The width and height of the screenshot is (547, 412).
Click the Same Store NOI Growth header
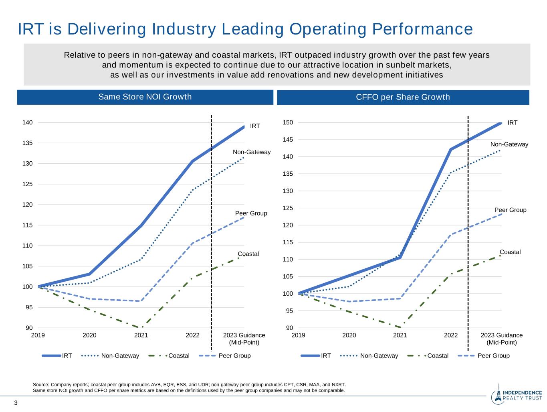pyautogui.click(x=145, y=97)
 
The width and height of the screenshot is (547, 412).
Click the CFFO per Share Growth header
pyautogui.click(x=403, y=97)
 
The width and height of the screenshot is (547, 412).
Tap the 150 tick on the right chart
pyautogui.click(x=288, y=122)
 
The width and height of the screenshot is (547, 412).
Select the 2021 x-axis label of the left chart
pyautogui.click(x=141, y=335)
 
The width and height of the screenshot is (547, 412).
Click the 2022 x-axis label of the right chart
pyautogui.click(x=451, y=335)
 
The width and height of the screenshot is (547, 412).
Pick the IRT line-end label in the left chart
pyautogui.click(x=255, y=126)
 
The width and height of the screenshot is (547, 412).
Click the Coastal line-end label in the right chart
pyautogui.click(x=510, y=252)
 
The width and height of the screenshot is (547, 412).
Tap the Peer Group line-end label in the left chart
pyautogui.click(x=251, y=213)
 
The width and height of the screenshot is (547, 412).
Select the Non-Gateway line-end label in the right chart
pyautogui.click(x=509, y=144)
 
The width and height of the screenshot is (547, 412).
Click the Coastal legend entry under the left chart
pyautogui.click(x=179, y=356)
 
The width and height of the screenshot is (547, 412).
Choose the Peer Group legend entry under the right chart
pyautogui.click(x=493, y=356)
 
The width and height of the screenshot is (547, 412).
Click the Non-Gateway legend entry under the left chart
pyautogui.click(x=120, y=356)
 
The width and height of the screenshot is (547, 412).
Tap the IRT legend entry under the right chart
pyautogui.click(x=326, y=356)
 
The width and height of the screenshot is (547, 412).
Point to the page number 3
pyautogui.click(x=16, y=403)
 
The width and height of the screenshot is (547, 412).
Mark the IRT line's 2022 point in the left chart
pyautogui.click(x=192, y=161)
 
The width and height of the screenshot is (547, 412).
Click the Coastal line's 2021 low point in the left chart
pyautogui.click(x=141, y=328)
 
